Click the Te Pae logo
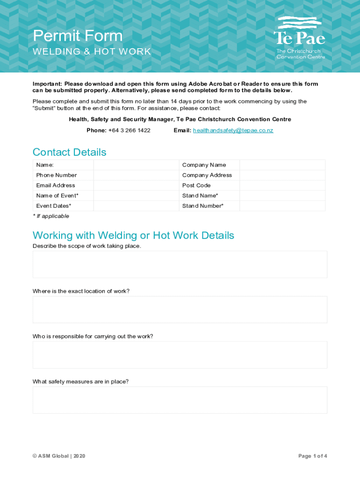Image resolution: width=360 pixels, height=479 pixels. pos(299,37)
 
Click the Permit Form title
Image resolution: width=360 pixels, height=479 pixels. pos(78,36)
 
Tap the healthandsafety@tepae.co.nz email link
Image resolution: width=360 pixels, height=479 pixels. pos(233,131)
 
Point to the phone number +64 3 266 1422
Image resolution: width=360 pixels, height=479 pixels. pos(129,131)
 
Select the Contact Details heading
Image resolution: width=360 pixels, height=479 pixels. pos(69,152)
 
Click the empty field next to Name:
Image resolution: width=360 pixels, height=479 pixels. pos(136,165)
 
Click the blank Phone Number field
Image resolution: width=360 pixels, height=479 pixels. pos(136,175)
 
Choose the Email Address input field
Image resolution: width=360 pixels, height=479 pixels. pos(136,186)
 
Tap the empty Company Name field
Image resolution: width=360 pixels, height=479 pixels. pos(282,165)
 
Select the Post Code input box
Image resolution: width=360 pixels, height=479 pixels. pos(282,186)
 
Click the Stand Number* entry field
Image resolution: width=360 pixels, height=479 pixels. pos(282,206)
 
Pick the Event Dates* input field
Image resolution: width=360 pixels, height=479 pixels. pos(136,206)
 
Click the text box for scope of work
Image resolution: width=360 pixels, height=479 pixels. pos(180,264)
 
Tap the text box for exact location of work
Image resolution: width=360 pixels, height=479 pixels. pos(180,310)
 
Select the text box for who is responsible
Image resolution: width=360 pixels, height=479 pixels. pos(180,355)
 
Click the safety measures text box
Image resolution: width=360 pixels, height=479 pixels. pos(180,400)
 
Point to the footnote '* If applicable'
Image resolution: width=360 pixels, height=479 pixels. pos(51,217)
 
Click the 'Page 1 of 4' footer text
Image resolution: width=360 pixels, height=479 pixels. pos(312,456)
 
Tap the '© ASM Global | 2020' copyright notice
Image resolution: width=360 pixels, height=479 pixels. pos(59,456)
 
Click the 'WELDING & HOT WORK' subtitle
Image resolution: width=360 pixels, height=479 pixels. pos(92,52)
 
